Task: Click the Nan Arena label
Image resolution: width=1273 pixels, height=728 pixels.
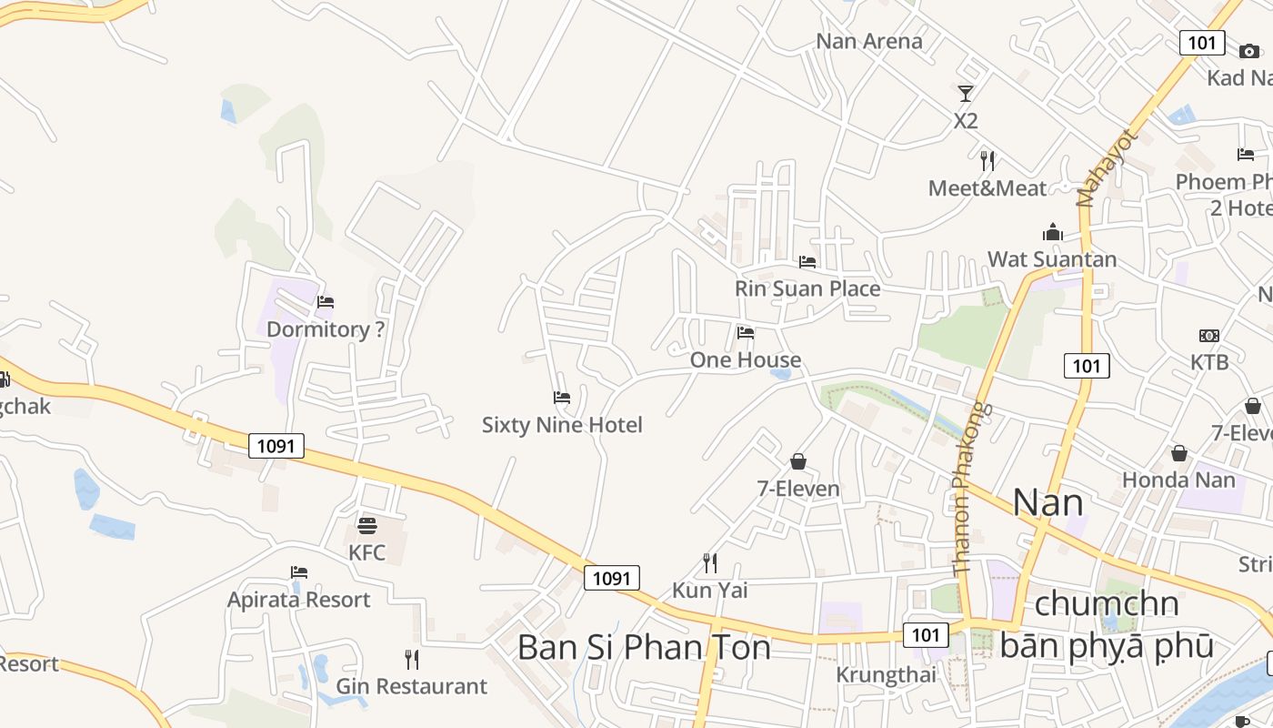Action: [x=868, y=41]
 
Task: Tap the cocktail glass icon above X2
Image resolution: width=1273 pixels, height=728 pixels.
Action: [x=965, y=93]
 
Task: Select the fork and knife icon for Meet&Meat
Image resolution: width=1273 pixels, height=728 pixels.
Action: [x=987, y=161]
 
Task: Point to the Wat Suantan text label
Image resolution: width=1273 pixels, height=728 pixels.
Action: [x=1052, y=259]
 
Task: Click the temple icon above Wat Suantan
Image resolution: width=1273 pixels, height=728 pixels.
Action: [x=1053, y=233]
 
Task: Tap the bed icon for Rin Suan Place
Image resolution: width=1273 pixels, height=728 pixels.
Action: [x=807, y=262]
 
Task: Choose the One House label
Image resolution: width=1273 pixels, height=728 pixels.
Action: [x=746, y=359]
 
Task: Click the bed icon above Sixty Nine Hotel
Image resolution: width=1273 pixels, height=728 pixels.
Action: [x=562, y=398]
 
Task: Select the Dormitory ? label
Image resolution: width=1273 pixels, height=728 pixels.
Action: [x=326, y=329]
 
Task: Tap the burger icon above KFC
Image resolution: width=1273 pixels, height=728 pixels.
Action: [x=367, y=525]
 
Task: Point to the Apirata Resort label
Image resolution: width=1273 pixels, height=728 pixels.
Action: [x=298, y=600]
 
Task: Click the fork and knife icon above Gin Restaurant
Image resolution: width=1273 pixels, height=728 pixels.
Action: [x=412, y=659]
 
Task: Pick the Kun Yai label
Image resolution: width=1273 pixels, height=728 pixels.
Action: [x=709, y=591]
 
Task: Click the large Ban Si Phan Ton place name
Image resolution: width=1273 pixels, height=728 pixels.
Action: [x=644, y=647]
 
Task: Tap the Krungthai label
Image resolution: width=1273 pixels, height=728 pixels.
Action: [x=886, y=675]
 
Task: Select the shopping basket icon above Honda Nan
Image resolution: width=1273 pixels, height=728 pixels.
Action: [x=1179, y=453]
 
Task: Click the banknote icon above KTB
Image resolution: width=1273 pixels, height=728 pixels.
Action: [x=1209, y=336]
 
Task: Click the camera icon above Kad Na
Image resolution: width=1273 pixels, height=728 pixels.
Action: [x=1249, y=51]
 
